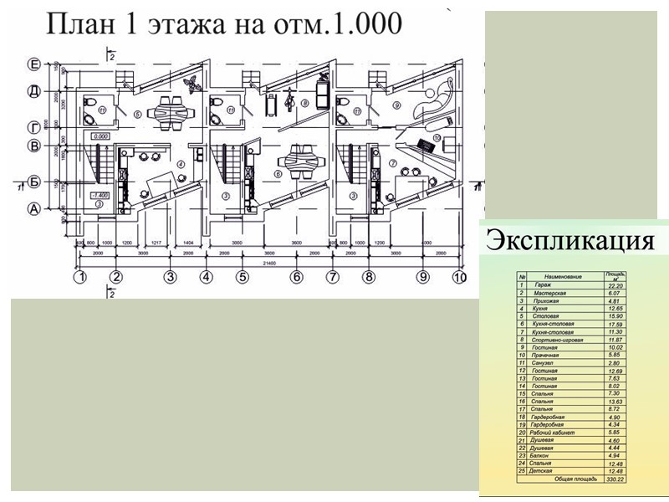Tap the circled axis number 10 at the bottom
tap(459, 277)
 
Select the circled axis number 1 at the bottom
tap(80, 277)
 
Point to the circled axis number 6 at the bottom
tap(295, 277)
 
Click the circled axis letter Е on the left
tap(33, 64)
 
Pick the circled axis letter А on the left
tap(33, 208)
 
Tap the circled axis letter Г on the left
tap(33, 127)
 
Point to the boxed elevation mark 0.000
tap(101, 136)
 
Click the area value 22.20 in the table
tap(615, 286)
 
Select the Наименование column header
tap(562, 276)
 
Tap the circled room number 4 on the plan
tap(180, 165)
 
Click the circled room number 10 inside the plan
tap(438, 138)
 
